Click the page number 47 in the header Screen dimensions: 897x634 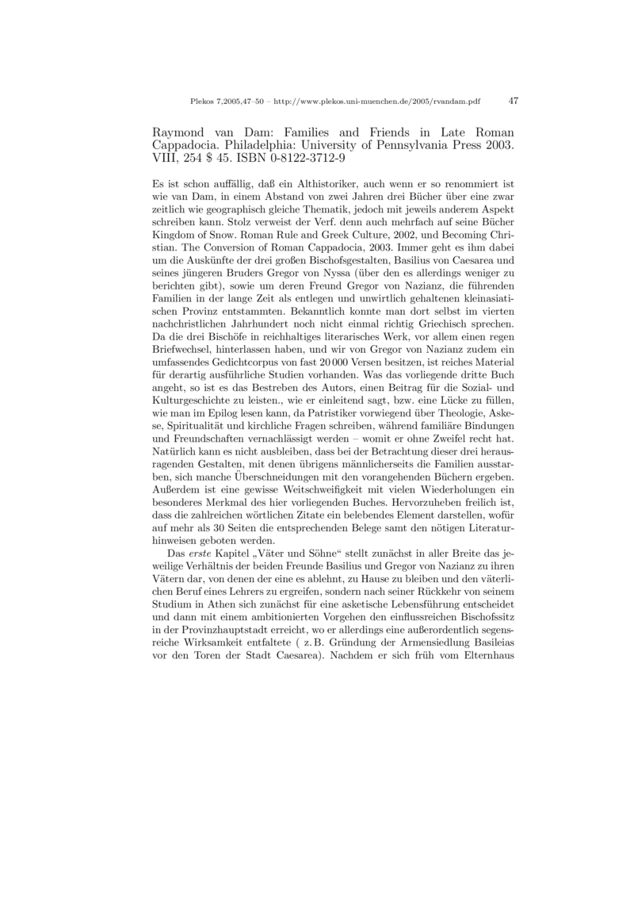coord(513,101)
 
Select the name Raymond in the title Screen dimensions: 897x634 coord(179,132)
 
